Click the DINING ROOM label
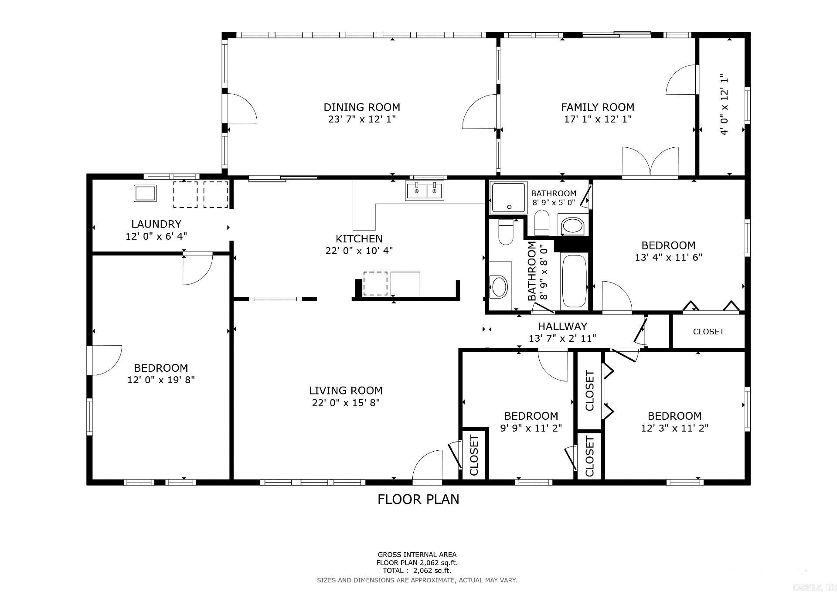(361, 107)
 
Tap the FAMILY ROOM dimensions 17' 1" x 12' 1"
(598, 119)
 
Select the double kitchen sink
(425, 191)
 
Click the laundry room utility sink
(145, 193)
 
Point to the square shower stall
(508, 197)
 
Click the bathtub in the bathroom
(575, 281)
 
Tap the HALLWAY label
(562, 326)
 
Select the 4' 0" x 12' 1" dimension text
(724, 105)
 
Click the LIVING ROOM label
(346, 391)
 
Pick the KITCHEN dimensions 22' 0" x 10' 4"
(359, 251)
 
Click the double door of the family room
(650, 163)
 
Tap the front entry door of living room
(427, 467)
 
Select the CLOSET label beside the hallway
(708, 332)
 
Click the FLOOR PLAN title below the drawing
(418, 499)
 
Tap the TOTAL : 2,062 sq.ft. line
(417, 571)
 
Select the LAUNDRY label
(156, 224)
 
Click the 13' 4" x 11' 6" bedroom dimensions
(668, 257)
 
